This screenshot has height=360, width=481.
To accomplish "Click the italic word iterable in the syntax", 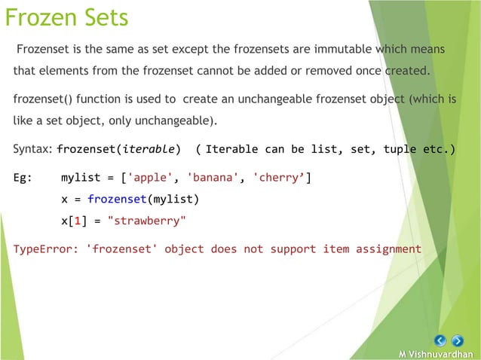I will pos(152,149).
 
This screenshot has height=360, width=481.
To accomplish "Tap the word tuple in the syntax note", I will pos(400,149).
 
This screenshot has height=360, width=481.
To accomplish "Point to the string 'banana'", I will pos(214,178).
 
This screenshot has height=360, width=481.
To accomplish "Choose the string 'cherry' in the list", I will pos(279,178).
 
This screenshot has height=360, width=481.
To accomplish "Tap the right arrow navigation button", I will pos(458,340).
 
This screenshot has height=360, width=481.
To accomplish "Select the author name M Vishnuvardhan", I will pos(437,354).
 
